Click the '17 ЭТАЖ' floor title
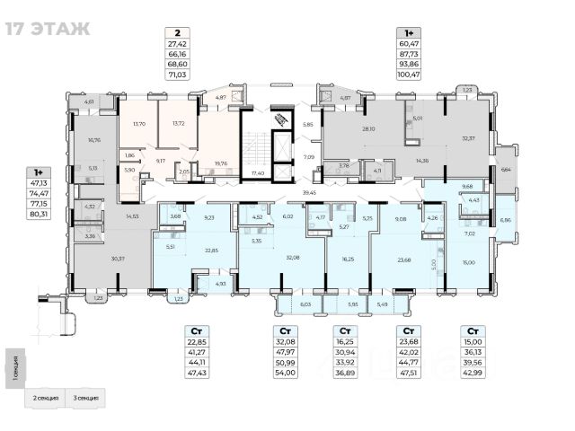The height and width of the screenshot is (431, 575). (49, 28)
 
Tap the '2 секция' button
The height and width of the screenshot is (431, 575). (48, 397)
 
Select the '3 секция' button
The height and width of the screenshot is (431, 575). (87, 397)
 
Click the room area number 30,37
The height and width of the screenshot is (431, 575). (115, 259)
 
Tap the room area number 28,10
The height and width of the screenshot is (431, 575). (368, 128)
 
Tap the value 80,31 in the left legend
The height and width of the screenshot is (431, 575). (36, 214)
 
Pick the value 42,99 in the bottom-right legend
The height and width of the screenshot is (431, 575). (473, 372)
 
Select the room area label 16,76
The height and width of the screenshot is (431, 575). (95, 140)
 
